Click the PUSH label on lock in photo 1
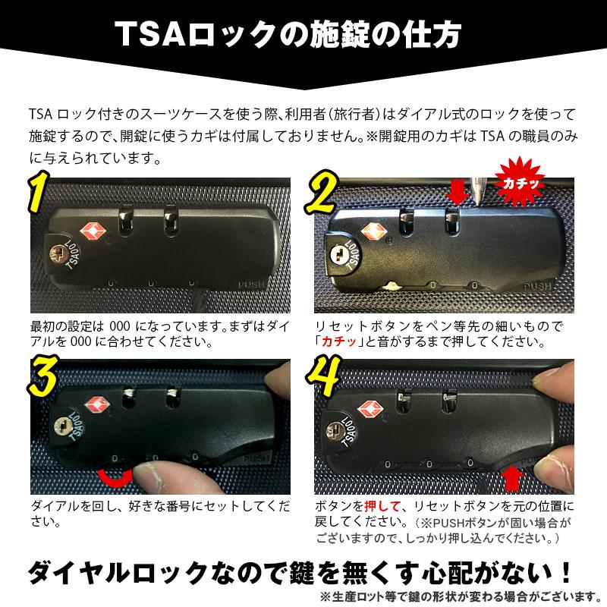(x=251, y=286)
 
